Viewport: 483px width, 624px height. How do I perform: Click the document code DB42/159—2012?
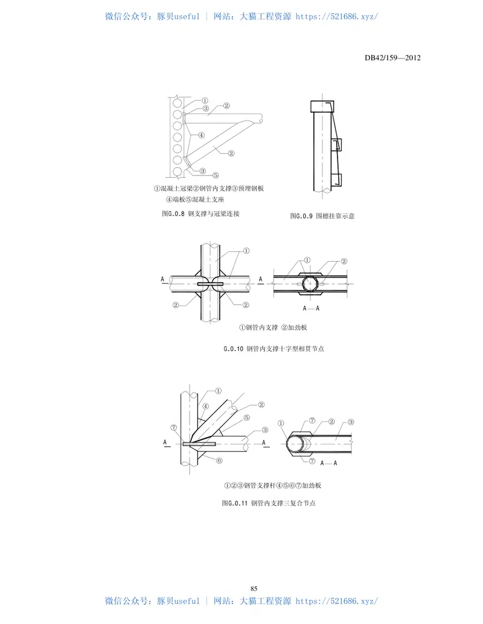point(392,58)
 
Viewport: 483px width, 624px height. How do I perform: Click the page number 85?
point(254,588)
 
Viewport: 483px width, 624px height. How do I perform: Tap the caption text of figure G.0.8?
point(200,213)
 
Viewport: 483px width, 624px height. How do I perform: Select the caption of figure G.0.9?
point(322,216)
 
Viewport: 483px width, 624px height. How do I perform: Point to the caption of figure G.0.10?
point(273,349)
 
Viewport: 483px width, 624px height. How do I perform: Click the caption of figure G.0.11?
point(269,503)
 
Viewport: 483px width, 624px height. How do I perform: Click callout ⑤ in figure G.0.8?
point(216,175)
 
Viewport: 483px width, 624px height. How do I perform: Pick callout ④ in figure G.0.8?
point(201,135)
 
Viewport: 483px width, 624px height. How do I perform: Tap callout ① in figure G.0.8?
point(205,101)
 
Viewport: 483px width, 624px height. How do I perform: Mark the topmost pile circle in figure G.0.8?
point(178,104)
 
